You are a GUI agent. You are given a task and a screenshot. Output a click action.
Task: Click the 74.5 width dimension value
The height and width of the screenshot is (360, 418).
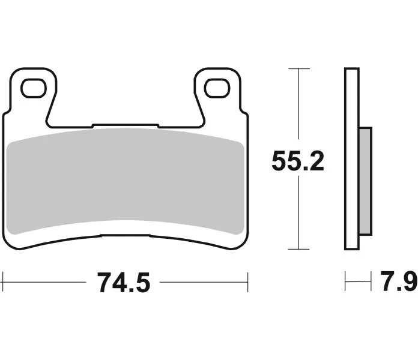[x=124, y=283]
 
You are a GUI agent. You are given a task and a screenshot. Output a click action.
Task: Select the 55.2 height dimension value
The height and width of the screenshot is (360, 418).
[x=298, y=161]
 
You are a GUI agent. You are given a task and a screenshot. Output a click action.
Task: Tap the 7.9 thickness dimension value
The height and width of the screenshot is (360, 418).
[x=399, y=281]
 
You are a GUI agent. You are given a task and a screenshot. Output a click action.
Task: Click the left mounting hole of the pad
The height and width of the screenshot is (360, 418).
[x=34, y=88]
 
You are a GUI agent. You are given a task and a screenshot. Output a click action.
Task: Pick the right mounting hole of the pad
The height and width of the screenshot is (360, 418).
[x=217, y=88]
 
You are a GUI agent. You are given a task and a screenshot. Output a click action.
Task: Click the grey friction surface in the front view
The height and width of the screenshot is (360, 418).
[x=125, y=181]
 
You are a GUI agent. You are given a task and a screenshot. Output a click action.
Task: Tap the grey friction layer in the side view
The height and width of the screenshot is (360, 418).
[x=365, y=181]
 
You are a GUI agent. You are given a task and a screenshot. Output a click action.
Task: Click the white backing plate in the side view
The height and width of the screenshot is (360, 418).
[x=351, y=158]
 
